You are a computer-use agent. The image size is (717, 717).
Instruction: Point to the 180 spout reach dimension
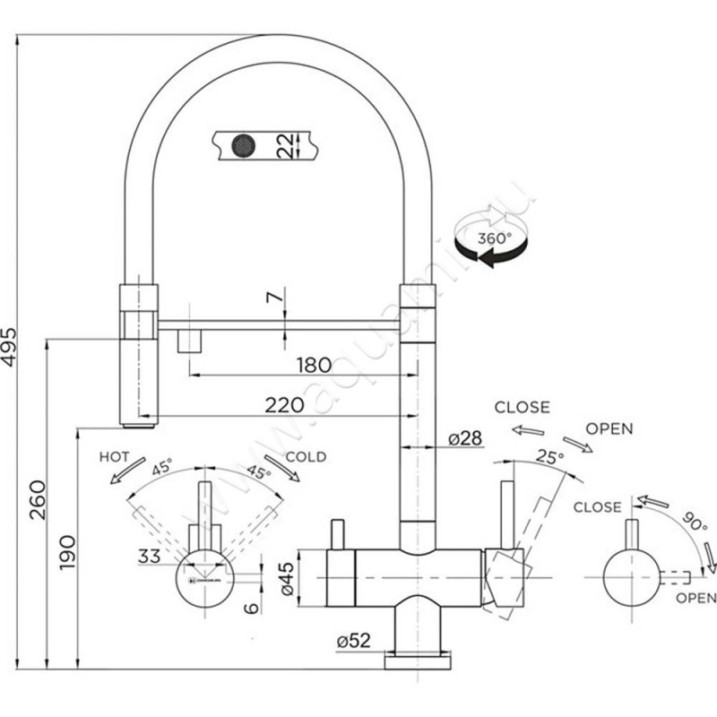pyautogui.click(x=313, y=365)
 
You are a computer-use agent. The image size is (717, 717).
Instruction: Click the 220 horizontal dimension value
pyautogui.click(x=283, y=405)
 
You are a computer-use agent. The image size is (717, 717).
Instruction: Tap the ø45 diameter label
pyautogui.click(x=286, y=579)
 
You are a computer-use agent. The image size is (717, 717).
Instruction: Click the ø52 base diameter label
pyautogui.click(x=356, y=642)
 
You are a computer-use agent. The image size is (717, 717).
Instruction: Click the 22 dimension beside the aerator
pyautogui.click(x=286, y=143)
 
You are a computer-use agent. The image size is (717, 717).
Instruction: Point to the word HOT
pyautogui.click(x=115, y=456)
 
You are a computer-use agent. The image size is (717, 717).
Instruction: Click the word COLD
pyautogui.click(x=307, y=457)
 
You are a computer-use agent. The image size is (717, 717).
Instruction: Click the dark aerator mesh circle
pyautogui.click(x=242, y=143)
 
